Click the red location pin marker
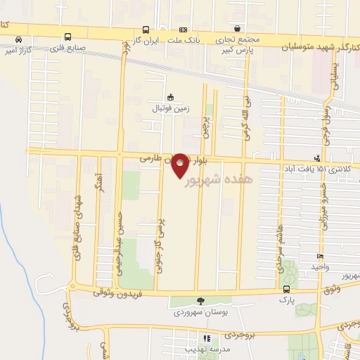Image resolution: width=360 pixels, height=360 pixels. [x=181, y=165]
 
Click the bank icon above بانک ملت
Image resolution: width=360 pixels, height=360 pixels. [x=183, y=30]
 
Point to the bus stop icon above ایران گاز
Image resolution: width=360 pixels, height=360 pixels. [x=146, y=30]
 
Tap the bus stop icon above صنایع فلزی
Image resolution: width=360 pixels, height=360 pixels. [x=68, y=37]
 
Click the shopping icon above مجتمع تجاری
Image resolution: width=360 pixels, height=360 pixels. [x=238, y=28]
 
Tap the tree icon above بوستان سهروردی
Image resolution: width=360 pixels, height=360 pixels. [x=201, y=300]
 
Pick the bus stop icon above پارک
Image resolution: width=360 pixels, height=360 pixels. [x=286, y=288]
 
